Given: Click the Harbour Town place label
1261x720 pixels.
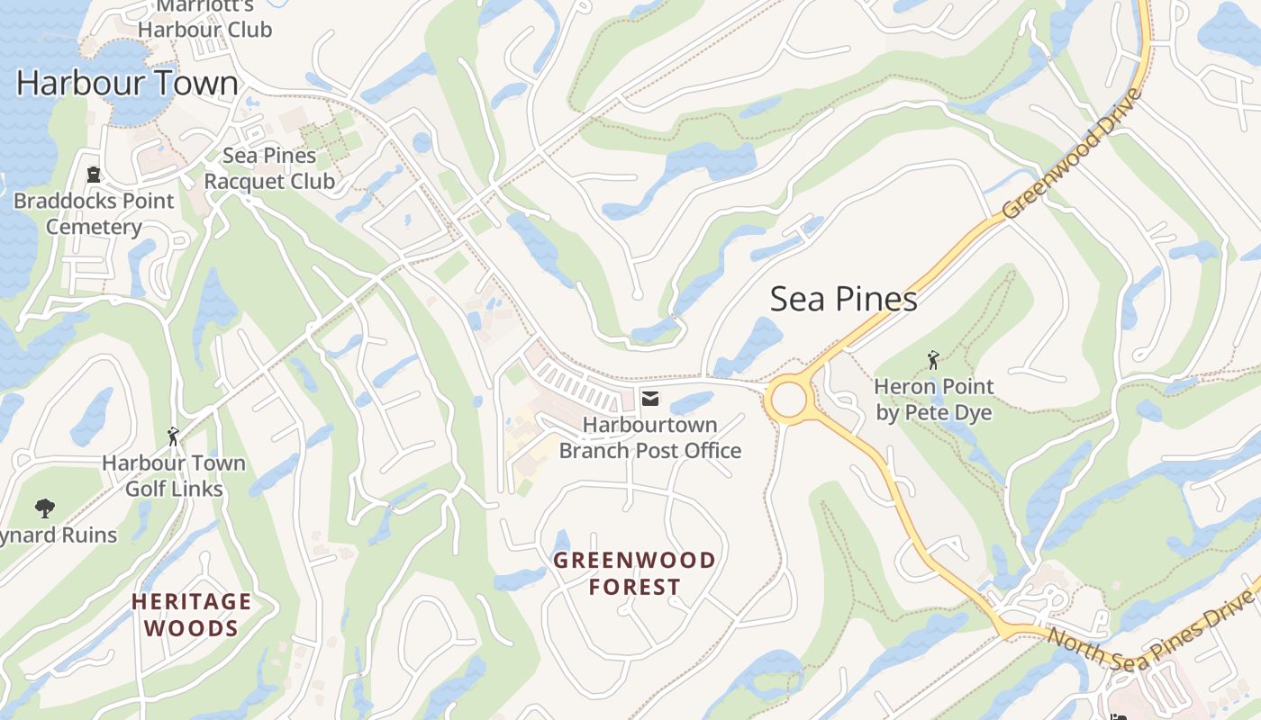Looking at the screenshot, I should point(127,84).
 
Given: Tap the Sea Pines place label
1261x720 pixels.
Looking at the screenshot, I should point(843,300).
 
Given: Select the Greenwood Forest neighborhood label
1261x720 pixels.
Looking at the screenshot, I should point(634,573).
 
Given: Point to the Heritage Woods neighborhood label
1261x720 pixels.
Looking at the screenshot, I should point(191,614).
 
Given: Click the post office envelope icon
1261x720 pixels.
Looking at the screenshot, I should point(649,398).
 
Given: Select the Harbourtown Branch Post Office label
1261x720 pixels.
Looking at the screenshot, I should point(649,437).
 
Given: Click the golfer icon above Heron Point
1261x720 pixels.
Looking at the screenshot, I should point(933,361).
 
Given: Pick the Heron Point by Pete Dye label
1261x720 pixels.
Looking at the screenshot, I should point(933,400).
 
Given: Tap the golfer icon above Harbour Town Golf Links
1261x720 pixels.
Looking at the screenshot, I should point(173,436).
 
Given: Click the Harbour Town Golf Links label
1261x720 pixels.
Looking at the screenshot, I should point(173,476).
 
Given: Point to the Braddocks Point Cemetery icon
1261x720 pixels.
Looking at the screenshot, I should point(94,174).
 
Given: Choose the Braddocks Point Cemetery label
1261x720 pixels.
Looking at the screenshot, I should point(94,213).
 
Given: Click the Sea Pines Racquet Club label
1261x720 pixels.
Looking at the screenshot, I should point(268,168).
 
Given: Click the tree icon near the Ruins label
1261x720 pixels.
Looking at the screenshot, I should point(44,508).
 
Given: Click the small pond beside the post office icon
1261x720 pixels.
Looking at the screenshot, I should point(691,402).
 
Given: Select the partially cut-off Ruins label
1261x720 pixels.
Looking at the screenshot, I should point(59,535).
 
